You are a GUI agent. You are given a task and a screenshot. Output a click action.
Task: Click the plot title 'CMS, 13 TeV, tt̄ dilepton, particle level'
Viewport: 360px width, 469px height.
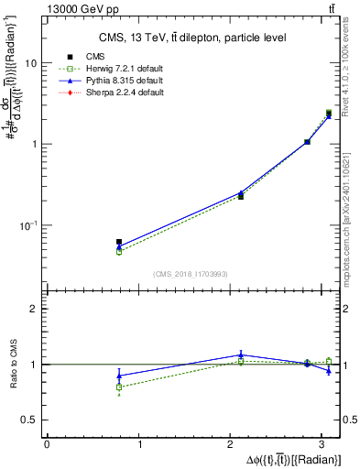192,38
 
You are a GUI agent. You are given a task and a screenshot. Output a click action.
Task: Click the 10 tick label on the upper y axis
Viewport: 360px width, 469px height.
30,64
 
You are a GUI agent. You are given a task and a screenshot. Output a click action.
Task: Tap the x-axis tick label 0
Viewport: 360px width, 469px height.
47,444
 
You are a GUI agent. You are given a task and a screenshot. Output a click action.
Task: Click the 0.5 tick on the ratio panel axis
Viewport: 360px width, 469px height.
28,420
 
